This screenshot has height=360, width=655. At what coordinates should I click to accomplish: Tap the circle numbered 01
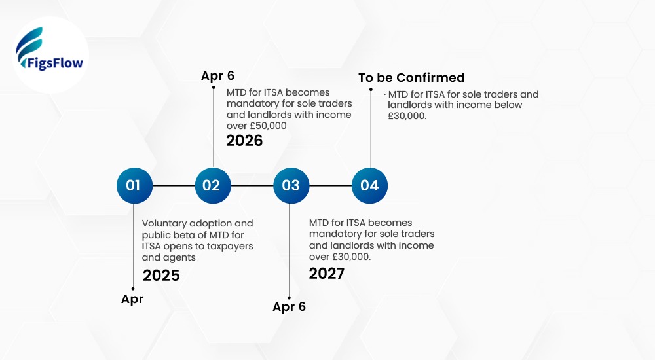(x=134, y=185)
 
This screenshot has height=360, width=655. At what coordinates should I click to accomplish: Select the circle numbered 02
(x=212, y=185)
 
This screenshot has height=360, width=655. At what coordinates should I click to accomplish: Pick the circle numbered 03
(x=291, y=185)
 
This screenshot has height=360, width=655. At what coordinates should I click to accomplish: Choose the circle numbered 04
(x=369, y=185)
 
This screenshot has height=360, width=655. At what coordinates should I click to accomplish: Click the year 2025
(x=161, y=276)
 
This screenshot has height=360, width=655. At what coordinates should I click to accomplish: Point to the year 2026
(x=244, y=141)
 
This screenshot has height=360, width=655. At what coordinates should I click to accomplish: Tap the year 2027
(x=327, y=273)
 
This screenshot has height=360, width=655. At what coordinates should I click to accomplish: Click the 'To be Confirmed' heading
(x=411, y=78)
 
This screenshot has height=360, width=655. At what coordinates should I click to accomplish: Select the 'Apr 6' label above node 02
(x=217, y=76)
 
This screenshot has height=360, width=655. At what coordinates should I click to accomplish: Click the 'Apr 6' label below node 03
(x=289, y=306)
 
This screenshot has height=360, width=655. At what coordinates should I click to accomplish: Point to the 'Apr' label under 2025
(x=132, y=299)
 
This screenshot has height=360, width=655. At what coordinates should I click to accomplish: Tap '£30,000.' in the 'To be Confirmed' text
(x=407, y=116)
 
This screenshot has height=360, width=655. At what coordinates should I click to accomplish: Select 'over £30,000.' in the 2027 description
(x=340, y=257)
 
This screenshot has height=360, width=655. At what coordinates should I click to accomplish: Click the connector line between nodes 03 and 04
(x=330, y=185)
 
